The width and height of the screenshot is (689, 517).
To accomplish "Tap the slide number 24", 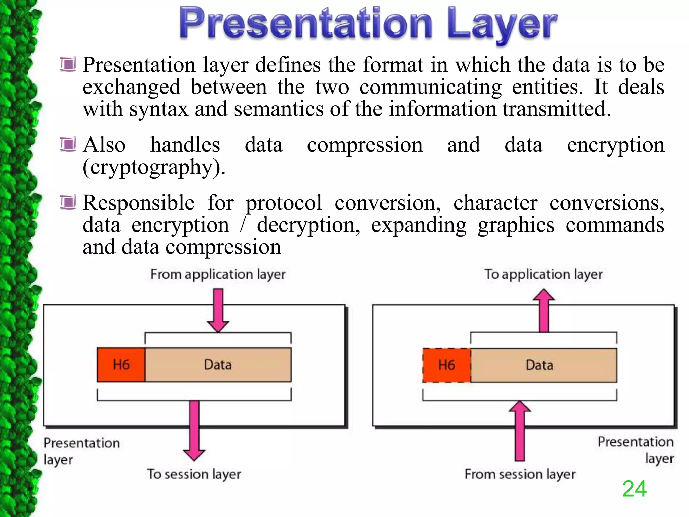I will [634, 489].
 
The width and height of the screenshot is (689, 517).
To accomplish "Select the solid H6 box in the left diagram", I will [121, 365].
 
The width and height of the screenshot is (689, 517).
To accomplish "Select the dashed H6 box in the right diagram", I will [446, 365].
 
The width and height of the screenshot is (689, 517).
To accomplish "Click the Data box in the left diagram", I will [218, 365].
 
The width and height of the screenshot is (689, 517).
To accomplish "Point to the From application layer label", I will [218, 274].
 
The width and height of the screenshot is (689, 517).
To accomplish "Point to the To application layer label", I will [543, 274].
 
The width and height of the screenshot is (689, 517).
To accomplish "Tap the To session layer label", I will [194, 474].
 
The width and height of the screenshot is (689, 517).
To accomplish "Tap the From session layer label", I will [520, 474].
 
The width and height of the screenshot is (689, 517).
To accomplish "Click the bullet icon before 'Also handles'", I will [68, 145].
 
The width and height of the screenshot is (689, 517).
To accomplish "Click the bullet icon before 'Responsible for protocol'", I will [68, 203].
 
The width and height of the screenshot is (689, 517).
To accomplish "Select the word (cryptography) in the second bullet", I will [154, 168].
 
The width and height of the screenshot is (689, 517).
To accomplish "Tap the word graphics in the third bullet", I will [516, 225].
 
